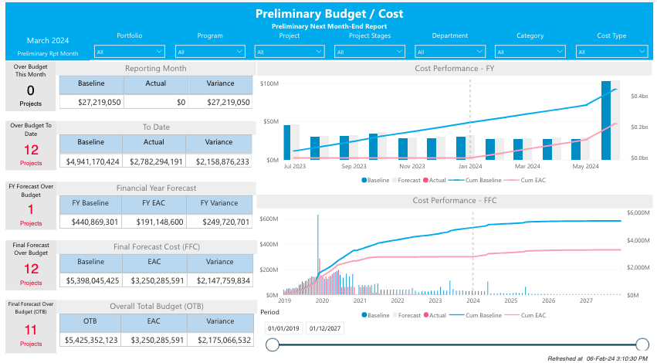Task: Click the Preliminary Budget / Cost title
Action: pyautogui.click(x=328, y=14)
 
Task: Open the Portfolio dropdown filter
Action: pyautogui.click(x=129, y=52)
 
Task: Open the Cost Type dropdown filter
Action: pyautogui.click(x=611, y=52)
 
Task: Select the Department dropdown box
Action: pyautogui.click(x=450, y=52)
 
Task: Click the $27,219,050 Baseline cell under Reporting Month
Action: pyautogui.click(x=91, y=102)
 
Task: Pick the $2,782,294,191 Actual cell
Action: pyautogui.click(x=154, y=161)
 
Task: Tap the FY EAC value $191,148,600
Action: pyautogui.click(x=154, y=222)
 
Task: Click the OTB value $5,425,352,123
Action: pyautogui.click(x=91, y=339)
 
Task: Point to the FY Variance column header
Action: pyautogui.click(x=220, y=203)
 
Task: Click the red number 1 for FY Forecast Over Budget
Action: pyautogui.click(x=31, y=209)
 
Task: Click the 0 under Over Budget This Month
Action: pyautogui.click(x=31, y=90)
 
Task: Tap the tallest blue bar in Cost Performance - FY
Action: pyautogui.click(x=606, y=120)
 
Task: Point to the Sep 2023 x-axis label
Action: pyautogui.click(x=354, y=166)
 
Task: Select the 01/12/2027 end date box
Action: pyautogui.click(x=324, y=328)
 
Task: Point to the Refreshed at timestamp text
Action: pyautogui.click(x=598, y=358)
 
